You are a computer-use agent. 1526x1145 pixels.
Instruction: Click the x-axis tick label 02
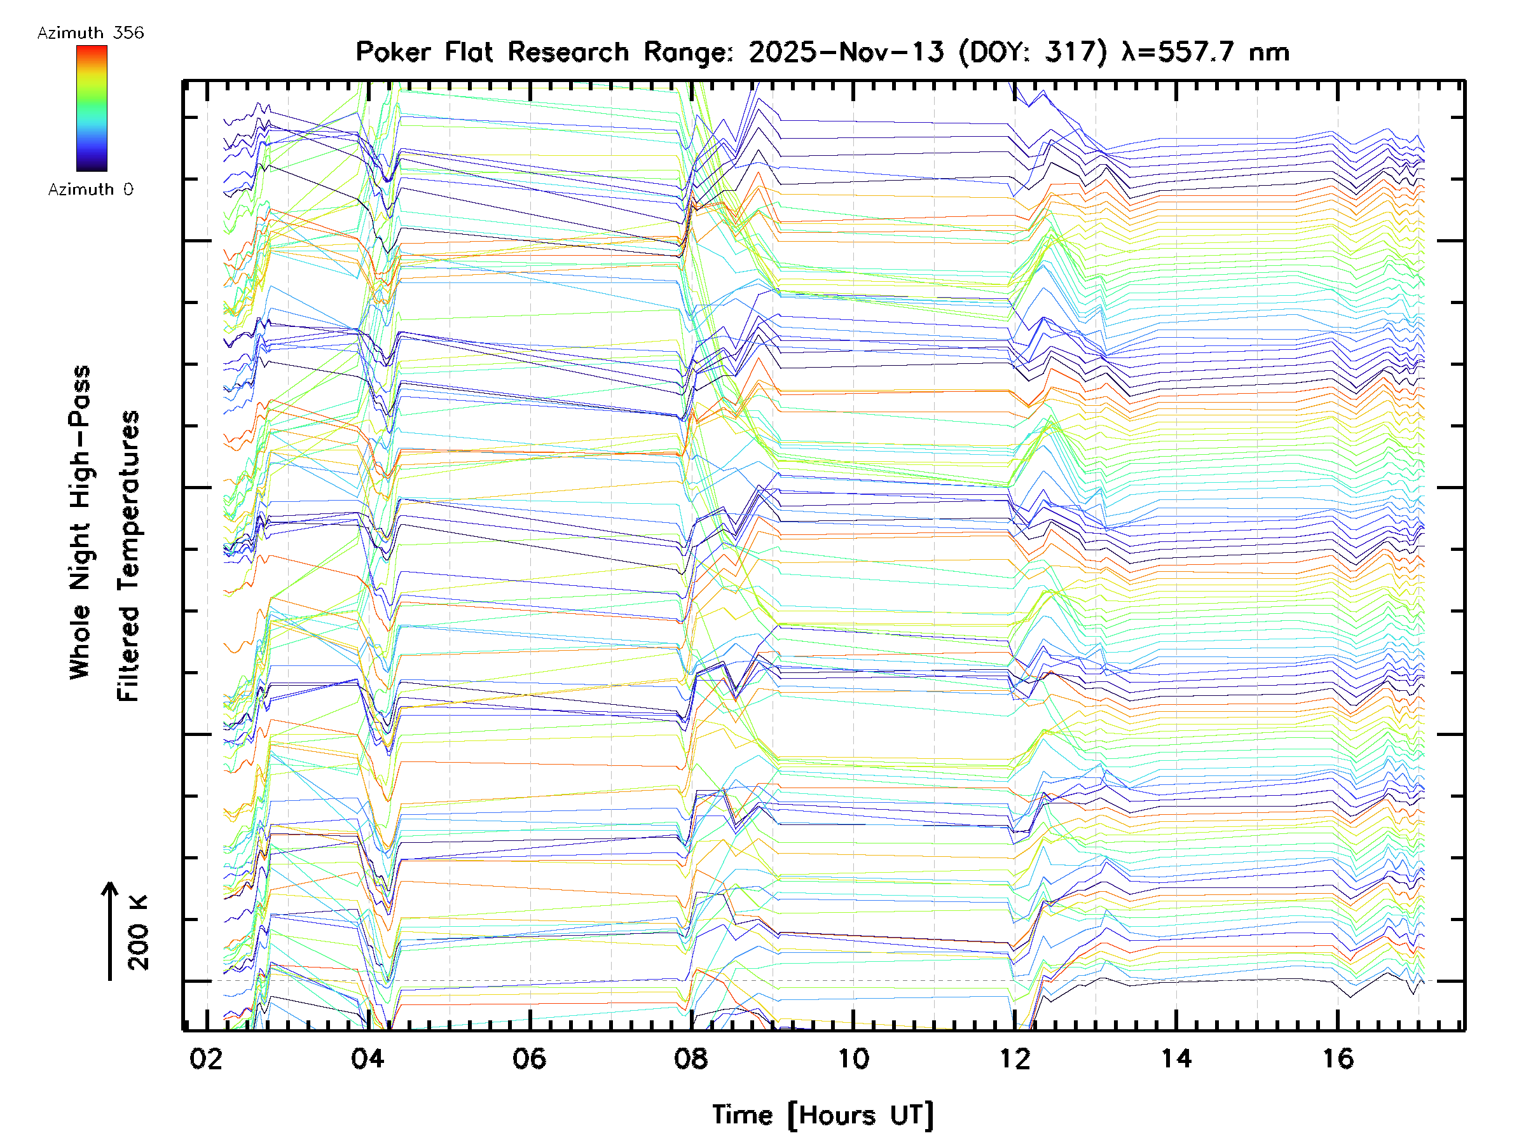tap(205, 1058)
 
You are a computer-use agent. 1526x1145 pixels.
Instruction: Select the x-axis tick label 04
tap(367, 1058)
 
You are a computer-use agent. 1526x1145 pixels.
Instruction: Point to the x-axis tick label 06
tap(529, 1058)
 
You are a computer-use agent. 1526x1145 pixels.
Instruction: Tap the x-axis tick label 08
tap(691, 1058)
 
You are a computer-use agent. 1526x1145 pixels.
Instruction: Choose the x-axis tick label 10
tap(853, 1058)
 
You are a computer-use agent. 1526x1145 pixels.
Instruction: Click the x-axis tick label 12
tap(1015, 1058)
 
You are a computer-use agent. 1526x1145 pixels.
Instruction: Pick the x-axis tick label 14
tap(1176, 1058)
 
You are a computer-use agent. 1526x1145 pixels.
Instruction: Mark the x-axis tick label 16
tap(1338, 1058)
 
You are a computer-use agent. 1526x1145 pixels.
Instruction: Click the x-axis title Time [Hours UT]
tap(822, 1115)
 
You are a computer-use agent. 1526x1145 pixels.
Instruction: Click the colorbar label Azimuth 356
tap(90, 33)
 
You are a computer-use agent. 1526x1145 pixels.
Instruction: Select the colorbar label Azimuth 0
tap(90, 189)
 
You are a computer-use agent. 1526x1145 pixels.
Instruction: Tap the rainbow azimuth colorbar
tap(92, 108)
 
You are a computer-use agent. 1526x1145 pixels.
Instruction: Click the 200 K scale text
tap(139, 933)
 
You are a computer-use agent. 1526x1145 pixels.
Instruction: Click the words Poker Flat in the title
tap(423, 52)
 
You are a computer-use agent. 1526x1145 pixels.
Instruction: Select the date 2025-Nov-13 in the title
tap(846, 52)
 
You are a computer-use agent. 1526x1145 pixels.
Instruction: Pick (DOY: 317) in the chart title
tap(1033, 52)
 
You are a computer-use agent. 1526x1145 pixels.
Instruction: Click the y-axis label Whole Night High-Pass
tap(80, 522)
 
